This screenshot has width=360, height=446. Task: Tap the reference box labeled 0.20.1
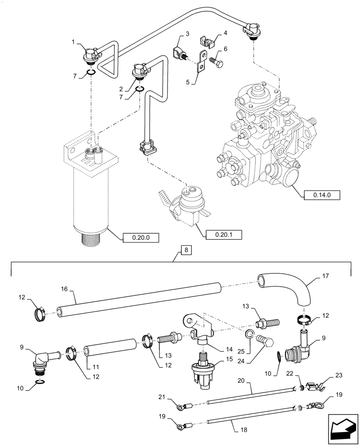(x=220, y=233)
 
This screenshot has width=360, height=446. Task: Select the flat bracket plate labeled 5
(x=201, y=62)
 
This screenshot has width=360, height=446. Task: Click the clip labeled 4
(x=206, y=41)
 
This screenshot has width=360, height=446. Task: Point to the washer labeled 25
(x=251, y=335)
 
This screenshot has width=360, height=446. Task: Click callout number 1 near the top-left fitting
(x=73, y=42)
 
